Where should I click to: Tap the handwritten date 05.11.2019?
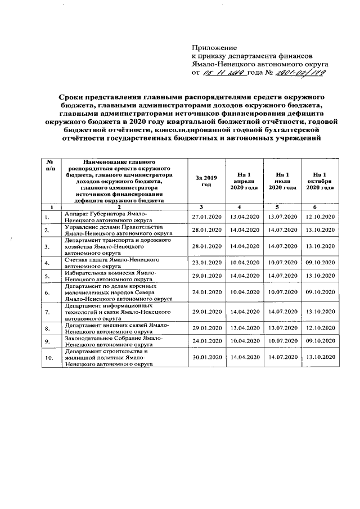coord(225,73)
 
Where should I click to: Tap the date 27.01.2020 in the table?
coord(206,217)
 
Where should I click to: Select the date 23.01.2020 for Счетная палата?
coord(206,262)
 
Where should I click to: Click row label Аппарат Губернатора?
coord(115,217)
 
